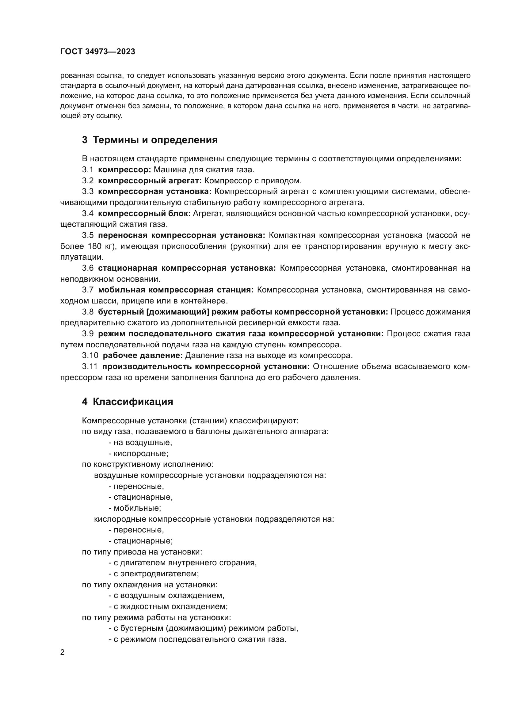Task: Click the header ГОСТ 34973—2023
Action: pos(97,52)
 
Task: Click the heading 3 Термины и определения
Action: pos(150,140)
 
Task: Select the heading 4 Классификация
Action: pos(128,402)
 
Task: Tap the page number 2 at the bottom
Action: pos(63,652)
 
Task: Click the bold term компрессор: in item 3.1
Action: pos(124,170)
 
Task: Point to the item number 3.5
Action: pos(88,235)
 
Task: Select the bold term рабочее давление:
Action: pos(143,356)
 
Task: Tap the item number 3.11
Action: pos(90,367)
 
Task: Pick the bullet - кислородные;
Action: pos(139,454)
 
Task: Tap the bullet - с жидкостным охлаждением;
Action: pos(168,606)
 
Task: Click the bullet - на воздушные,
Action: pos(140,443)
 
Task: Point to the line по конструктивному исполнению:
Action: pos(148,464)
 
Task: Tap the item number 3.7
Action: pos(88,290)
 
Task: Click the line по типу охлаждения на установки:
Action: pos(150,585)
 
